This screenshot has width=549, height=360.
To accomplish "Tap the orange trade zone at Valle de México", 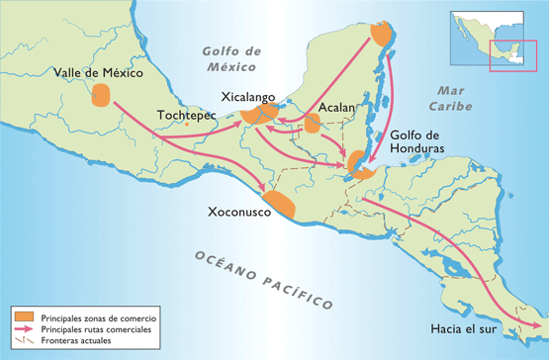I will pyautogui.click(x=101, y=96).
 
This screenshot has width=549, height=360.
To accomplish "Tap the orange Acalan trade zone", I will pyautogui.click(x=312, y=124).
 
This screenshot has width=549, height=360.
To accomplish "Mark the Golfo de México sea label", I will pyautogui.click(x=231, y=59).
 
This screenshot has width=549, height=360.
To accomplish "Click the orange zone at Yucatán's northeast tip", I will pyautogui.click(x=382, y=34).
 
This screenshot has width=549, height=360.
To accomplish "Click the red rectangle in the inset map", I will pyautogui.click(x=513, y=55).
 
